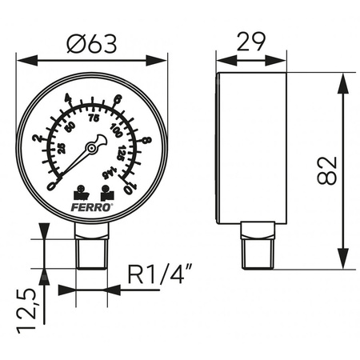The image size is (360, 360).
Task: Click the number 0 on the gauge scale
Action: point(52,186)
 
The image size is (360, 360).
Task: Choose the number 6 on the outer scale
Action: point(118,99)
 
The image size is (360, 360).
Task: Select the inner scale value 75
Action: point(94,118)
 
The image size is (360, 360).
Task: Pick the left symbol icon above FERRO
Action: point(80,193)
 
